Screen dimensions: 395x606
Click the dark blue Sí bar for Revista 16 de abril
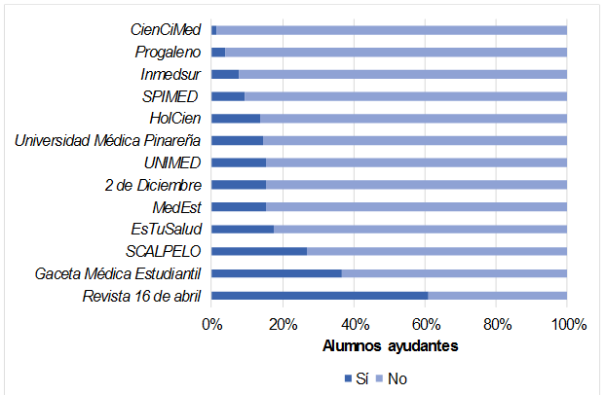point(320,296)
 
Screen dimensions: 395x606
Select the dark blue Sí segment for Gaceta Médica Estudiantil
point(276,273)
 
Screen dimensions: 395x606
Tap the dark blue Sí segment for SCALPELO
point(258,251)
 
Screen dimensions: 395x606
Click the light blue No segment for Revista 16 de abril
point(497,296)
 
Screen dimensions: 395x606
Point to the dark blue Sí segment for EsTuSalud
point(242,230)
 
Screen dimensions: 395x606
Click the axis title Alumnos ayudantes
point(389,345)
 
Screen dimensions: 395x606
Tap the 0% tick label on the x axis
point(211,325)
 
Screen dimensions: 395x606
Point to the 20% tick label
point(283,325)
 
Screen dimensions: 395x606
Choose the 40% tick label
point(354,325)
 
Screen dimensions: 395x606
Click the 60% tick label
point(425,325)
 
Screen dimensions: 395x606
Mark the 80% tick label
point(496,325)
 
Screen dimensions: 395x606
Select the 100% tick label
point(567,325)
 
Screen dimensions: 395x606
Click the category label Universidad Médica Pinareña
point(107,140)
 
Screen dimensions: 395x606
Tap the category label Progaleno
point(167,52)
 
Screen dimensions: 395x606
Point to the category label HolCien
point(175,119)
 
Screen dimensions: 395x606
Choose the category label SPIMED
point(170,96)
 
